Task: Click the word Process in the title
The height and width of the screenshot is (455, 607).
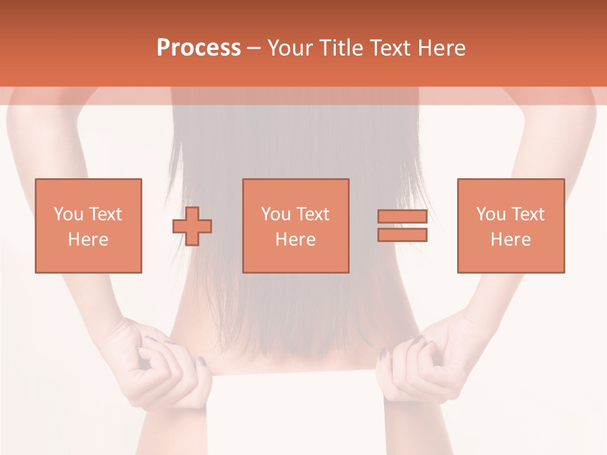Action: tap(199, 48)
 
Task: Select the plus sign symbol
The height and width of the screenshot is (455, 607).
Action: tap(192, 226)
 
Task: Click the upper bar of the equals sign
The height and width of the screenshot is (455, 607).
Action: tap(402, 216)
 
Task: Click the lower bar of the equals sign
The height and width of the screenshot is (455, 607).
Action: tap(402, 234)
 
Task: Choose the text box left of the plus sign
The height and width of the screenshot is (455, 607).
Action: tap(88, 226)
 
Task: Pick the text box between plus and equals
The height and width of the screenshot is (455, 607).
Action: tap(295, 226)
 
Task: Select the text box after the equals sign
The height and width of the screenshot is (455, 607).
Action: tap(510, 226)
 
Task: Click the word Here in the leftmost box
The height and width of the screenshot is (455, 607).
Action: tap(88, 240)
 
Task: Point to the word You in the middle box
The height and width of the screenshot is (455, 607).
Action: tap(276, 214)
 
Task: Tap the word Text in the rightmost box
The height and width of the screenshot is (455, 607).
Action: tap(528, 214)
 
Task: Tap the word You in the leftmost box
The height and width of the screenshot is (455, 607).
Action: tap(68, 214)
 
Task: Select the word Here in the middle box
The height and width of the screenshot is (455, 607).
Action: tap(295, 240)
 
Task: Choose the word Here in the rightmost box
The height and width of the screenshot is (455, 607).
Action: tap(510, 240)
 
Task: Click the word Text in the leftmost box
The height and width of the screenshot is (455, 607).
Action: tap(105, 214)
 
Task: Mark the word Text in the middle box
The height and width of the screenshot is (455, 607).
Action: tap(313, 214)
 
